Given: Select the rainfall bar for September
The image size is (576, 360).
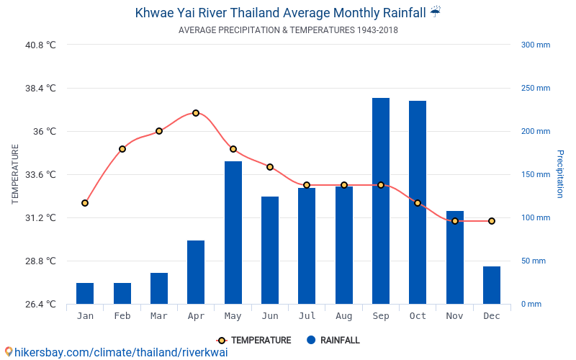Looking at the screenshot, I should coord(381,201).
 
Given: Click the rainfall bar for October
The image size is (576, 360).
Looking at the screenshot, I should coord(418,202).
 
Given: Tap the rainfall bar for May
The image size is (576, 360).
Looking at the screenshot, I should coord(233,233).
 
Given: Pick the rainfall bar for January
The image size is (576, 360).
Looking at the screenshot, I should coord(85,293).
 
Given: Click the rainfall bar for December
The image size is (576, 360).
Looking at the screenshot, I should coord(492,285).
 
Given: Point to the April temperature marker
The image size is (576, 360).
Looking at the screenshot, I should coord(196,113).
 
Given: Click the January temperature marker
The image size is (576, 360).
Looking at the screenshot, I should coord(85,203).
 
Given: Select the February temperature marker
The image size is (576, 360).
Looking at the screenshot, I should coord(122,149).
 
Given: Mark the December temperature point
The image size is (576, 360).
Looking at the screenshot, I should coord(492,221).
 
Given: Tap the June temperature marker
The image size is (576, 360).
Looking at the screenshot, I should coord(270,167).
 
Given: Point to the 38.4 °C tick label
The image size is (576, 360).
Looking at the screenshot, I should coord(40,89).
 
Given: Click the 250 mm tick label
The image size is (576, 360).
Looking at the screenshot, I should coord(535,89).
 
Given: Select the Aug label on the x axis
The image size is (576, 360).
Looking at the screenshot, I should coord(344,316).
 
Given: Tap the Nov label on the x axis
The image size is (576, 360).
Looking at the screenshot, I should coord(454,316).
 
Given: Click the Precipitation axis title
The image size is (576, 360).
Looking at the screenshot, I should coord(560,174).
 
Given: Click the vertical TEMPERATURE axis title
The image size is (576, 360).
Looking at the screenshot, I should coord(15,174).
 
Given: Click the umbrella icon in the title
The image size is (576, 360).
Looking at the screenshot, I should coord(436,12).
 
